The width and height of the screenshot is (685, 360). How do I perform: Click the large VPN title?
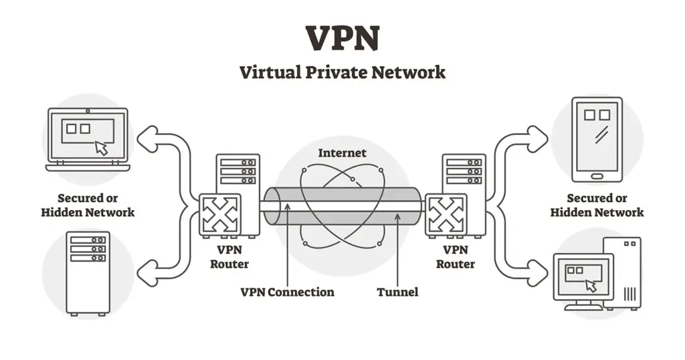342,38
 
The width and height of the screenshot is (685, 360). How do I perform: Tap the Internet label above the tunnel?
342,153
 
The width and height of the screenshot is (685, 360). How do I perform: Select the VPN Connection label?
287,292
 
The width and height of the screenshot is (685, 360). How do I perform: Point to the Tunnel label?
397,292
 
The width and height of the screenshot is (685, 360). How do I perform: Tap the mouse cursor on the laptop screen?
101,148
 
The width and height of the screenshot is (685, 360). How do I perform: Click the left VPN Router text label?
229,257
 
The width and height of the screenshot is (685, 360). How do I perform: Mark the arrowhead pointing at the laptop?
146,139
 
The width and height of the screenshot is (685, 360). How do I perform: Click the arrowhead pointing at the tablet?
538,139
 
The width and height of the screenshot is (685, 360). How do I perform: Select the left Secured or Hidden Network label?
88,205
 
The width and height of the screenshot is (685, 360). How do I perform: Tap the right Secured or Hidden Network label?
597,205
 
